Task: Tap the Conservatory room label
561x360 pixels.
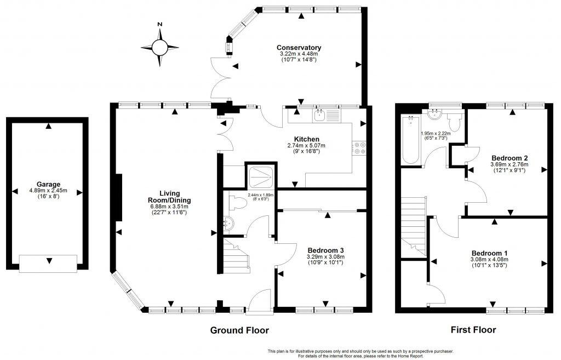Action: tap(299, 48)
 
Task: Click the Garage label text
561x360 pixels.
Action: tap(49, 184)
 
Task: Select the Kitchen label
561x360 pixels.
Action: tap(306, 139)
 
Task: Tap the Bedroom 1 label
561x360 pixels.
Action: tap(489, 253)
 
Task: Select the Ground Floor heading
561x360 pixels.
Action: tap(239, 330)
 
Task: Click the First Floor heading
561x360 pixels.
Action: tap(473, 330)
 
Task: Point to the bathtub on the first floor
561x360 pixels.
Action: tap(410, 140)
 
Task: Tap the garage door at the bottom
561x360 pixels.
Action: tap(48, 264)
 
